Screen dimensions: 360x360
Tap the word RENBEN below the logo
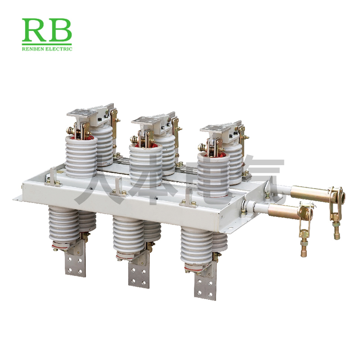(33, 49)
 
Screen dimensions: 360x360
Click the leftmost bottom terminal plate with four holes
(76, 264)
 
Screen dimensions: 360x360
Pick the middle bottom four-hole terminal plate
(139, 274)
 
